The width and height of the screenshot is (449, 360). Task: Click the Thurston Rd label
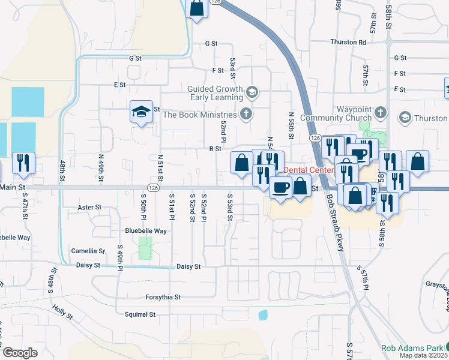(x=348, y=42)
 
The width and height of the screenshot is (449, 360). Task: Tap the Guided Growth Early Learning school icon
(x=252, y=92)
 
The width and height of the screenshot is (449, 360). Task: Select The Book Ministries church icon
(x=245, y=113)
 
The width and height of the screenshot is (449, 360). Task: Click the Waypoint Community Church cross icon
(x=379, y=113)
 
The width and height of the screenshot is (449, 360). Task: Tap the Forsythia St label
(x=163, y=297)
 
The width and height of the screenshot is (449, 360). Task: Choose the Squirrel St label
(x=140, y=314)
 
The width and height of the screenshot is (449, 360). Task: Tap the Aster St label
(x=89, y=207)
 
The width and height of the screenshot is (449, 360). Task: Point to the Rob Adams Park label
(x=412, y=348)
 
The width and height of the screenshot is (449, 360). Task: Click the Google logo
(x=20, y=352)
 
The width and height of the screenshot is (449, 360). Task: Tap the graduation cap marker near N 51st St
(x=141, y=111)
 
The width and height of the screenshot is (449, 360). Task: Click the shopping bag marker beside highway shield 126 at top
(x=197, y=8)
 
